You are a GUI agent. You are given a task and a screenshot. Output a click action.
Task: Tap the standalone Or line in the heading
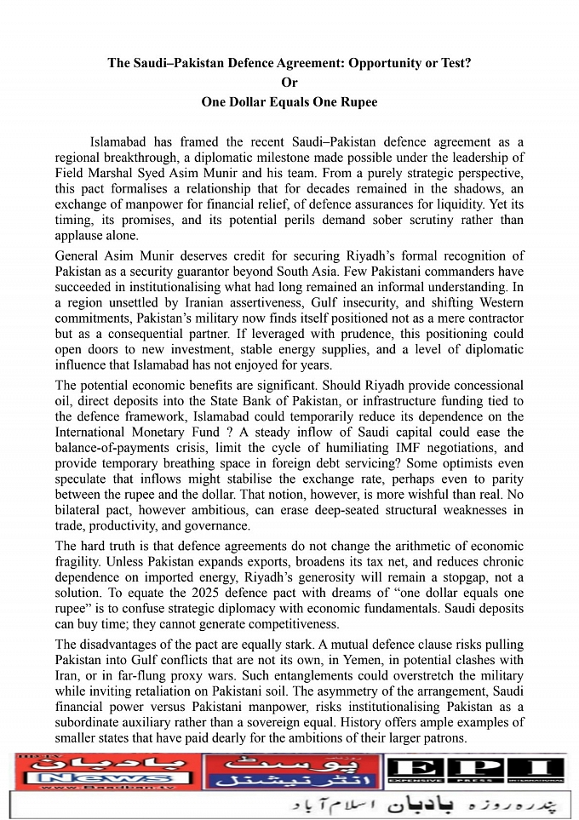point(289,83)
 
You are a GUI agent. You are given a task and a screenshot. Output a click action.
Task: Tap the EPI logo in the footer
point(474,771)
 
